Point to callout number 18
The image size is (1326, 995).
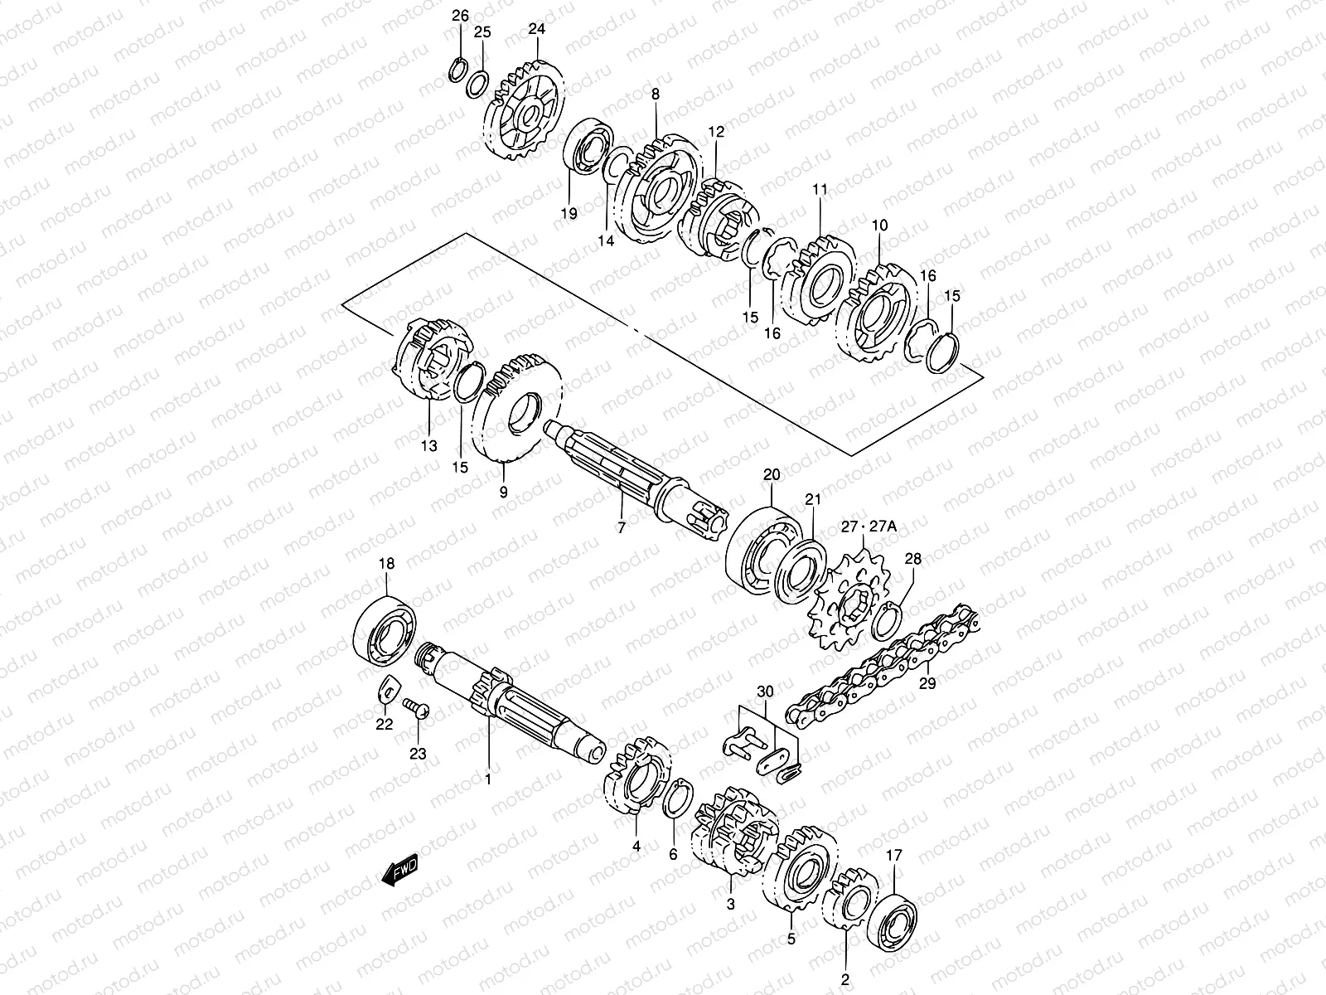click(387, 564)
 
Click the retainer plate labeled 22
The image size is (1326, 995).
click(387, 692)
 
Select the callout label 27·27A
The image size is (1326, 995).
click(869, 525)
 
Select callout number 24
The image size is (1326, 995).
click(537, 29)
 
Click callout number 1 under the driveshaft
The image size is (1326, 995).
click(487, 779)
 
